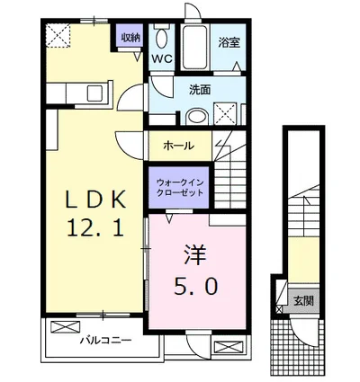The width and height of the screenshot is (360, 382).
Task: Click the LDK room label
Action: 95,200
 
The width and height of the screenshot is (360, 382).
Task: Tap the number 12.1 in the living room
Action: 95,227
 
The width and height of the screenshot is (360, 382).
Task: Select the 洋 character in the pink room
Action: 195,255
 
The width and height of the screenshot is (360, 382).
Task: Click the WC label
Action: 162,58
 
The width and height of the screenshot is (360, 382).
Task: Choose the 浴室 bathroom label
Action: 229,42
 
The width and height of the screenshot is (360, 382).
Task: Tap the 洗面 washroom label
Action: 200,90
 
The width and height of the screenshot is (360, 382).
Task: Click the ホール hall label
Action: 179,146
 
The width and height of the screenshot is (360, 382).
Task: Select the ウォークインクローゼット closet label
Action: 179,187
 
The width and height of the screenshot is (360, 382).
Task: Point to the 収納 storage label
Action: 130,38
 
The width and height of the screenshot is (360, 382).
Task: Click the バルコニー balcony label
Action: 105,341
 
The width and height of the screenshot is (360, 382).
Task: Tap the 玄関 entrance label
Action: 303,300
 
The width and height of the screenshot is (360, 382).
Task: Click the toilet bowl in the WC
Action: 161,38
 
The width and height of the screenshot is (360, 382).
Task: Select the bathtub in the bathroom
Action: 195,48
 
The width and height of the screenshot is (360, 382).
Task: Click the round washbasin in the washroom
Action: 197,117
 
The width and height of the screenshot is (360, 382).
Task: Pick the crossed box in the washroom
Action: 225,114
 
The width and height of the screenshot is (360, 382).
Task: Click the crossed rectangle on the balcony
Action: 66,327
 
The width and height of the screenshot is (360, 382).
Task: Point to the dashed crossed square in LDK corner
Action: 58,36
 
